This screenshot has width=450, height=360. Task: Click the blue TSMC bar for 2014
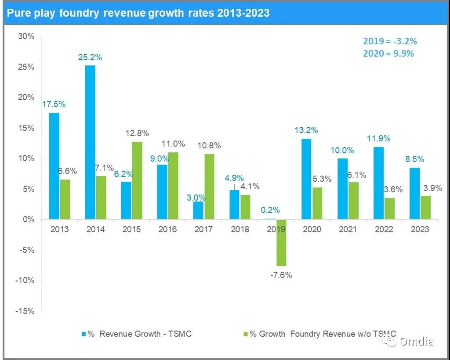coord(90,142)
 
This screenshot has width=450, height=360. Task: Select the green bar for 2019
coord(281,243)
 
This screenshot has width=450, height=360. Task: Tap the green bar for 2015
coord(137,180)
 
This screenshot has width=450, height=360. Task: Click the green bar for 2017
coord(209,187)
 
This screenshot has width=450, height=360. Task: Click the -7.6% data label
coord(280,275)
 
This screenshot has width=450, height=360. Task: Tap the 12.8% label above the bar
coord(137,133)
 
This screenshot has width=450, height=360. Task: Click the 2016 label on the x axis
coord(167,230)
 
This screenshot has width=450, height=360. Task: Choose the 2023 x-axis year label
coord(420,230)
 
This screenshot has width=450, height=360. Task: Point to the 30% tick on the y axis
coord(26,36)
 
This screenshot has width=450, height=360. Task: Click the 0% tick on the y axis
coord(28,220)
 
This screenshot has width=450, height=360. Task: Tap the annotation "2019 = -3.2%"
coord(389,41)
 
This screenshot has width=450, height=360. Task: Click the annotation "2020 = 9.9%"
coord(388,54)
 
